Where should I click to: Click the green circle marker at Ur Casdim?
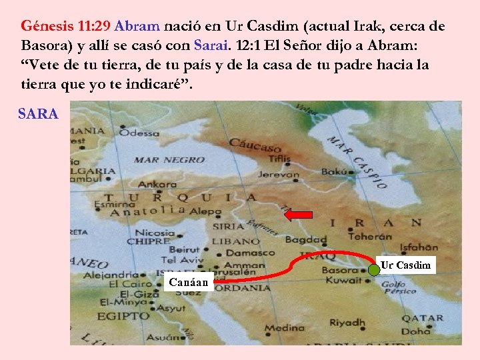(374, 271)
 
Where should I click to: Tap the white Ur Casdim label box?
(405, 265)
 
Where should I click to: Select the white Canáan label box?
(189, 282)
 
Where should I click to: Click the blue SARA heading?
(38, 114)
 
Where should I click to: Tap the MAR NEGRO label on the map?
(169, 160)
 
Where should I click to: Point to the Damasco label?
(250, 253)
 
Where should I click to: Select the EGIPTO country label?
(124, 315)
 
